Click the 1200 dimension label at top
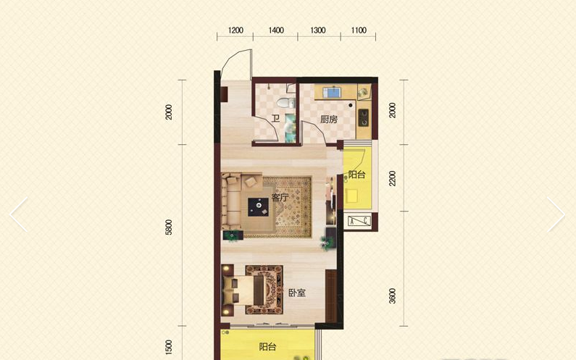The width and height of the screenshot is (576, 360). click(x=235, y=30)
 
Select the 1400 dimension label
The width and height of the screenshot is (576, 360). click(x=276, y=30)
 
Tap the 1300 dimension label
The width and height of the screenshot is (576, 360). click(x=318, y=30)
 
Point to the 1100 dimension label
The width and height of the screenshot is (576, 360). click(x=359, y=30)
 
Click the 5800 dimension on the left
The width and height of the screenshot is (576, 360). click(x=169, y=227)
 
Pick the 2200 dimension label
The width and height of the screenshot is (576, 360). click(x=392, y=178)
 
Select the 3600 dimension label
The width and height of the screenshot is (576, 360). click(x=392, y=296)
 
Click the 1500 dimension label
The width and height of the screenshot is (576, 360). click(x=169, y=347)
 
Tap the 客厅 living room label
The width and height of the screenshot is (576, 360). click(x=280, y=197)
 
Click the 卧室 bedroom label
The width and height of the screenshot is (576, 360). click(x=297, y=293)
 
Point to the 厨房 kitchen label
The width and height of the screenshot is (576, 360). click(x=329, y=119)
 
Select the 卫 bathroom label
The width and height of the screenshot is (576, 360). click(x=275, y=118)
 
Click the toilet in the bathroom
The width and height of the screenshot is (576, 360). click(x=286, y=102)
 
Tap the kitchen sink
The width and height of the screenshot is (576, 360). click(x=333, y=92)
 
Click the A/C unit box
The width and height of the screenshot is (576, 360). click(x=359, y=221)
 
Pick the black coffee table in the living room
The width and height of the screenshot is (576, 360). click(x=258, y=207)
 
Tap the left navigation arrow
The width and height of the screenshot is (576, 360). click(x=19, y=214)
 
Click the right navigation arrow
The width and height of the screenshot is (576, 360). click(x=556, y=214)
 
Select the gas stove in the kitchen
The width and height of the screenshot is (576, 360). click(x=363, y=117)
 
